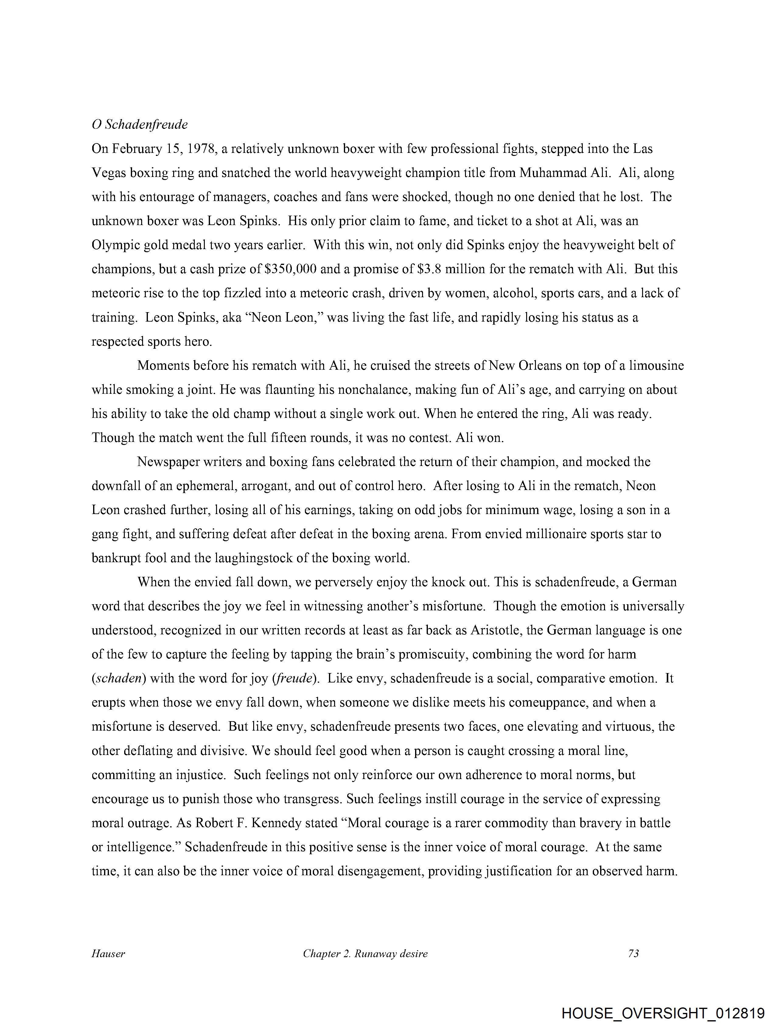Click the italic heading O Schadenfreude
(x=140, y=124)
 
